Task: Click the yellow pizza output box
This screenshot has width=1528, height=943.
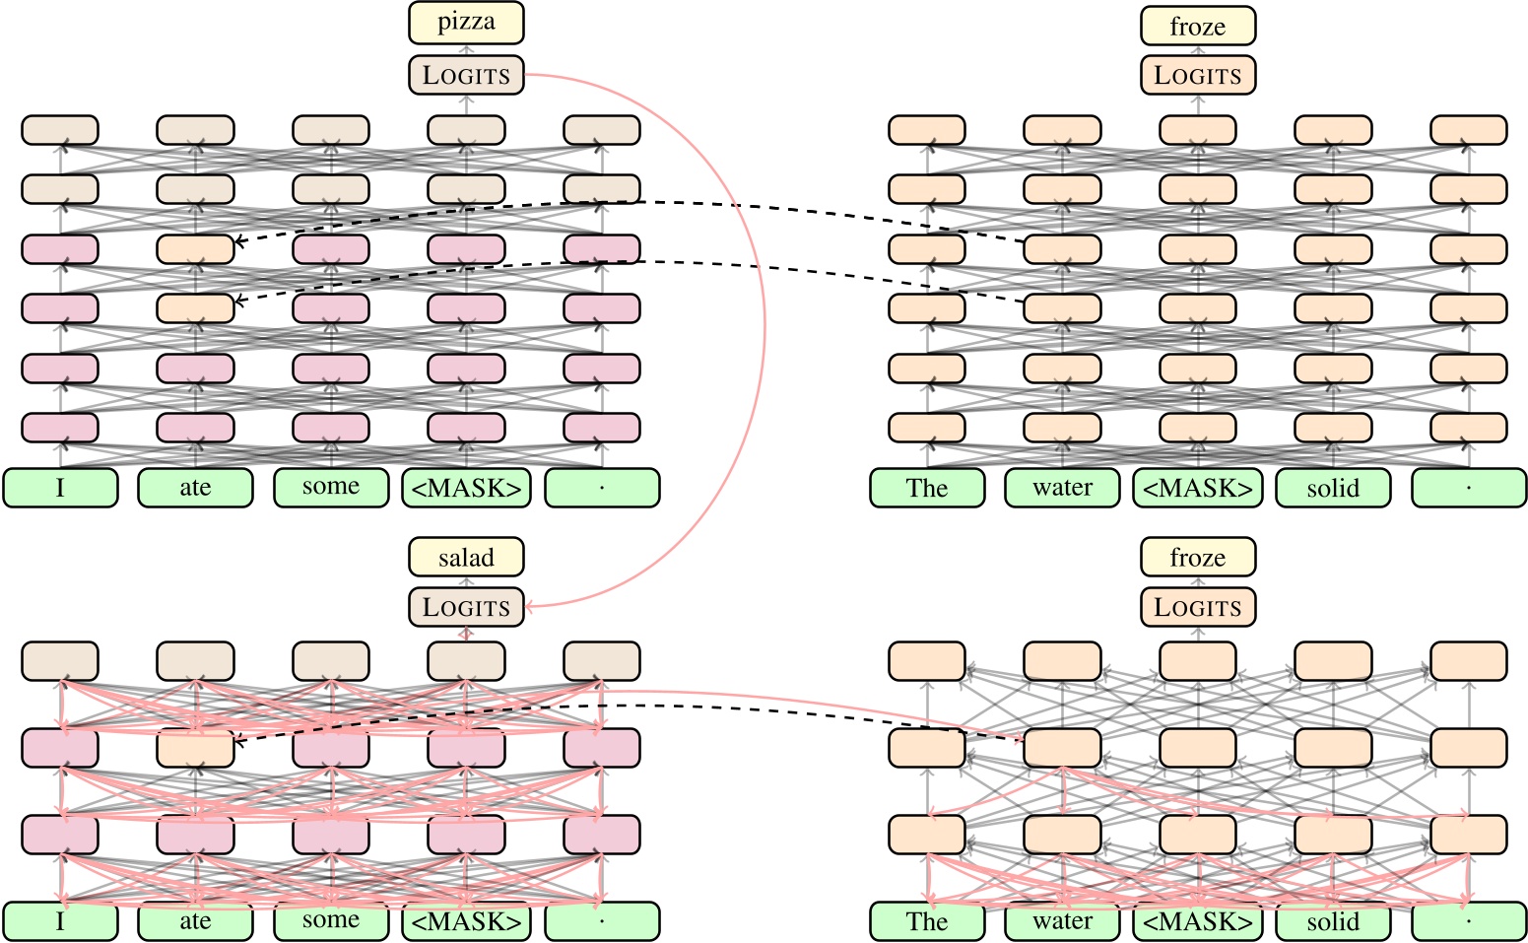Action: point(466,23)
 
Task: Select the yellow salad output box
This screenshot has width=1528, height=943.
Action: point(466,558)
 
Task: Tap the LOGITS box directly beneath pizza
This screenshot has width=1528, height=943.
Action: point(466,75)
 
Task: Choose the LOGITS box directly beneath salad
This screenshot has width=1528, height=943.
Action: point(466,607)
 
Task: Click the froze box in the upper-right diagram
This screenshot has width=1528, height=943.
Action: point(1198,27)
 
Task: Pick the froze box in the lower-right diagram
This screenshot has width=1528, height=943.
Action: point(1198,558)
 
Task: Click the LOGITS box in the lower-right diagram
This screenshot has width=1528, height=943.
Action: point(1198,607)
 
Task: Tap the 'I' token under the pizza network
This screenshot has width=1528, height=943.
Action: point(60,488)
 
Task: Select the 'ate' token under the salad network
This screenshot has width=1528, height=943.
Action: point(195,921)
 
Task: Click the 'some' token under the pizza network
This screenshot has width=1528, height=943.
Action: point(331,488)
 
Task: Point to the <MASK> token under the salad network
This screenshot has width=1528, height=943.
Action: point(466,921)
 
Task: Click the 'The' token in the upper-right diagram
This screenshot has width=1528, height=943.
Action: point(927,488)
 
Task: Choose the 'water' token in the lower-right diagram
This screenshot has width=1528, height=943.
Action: point(1062,921)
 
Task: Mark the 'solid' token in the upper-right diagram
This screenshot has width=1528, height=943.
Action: point(1333,488)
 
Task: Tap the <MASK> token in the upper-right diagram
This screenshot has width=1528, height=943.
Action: point(1198,488)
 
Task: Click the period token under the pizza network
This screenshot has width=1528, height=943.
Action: point(602,488)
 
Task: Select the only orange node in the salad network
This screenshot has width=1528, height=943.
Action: point(195,748)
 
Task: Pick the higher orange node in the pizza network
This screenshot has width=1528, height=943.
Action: point(195,248)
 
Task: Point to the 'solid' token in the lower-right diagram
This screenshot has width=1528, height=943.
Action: point(1333,921)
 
